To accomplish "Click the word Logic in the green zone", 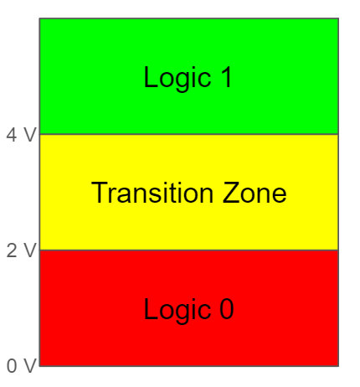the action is (x=177, y=79).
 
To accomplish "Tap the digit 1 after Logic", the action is (x=227, y=77).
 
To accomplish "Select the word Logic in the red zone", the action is (x=177, y=311).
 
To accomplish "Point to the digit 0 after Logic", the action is (x=226, y=308).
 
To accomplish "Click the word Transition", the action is (x=152, y=193).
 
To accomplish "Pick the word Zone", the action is (x=255, y=193).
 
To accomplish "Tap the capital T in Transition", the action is (x=100, y=193).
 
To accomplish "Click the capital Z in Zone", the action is (x=230, y=193).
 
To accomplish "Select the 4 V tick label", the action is (x=21, y=135).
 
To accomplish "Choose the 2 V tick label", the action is (x=21, y=250).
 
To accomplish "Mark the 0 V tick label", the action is (x=21, y=366).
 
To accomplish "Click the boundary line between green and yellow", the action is (x=189, y=134).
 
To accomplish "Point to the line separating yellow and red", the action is (x=189, y=250).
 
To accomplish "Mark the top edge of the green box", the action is (x=189, y=18).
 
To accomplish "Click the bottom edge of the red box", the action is (x=189, y=366).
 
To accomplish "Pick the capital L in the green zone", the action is (x=150, y=77).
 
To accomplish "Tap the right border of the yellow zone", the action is (x=338, y=193).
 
